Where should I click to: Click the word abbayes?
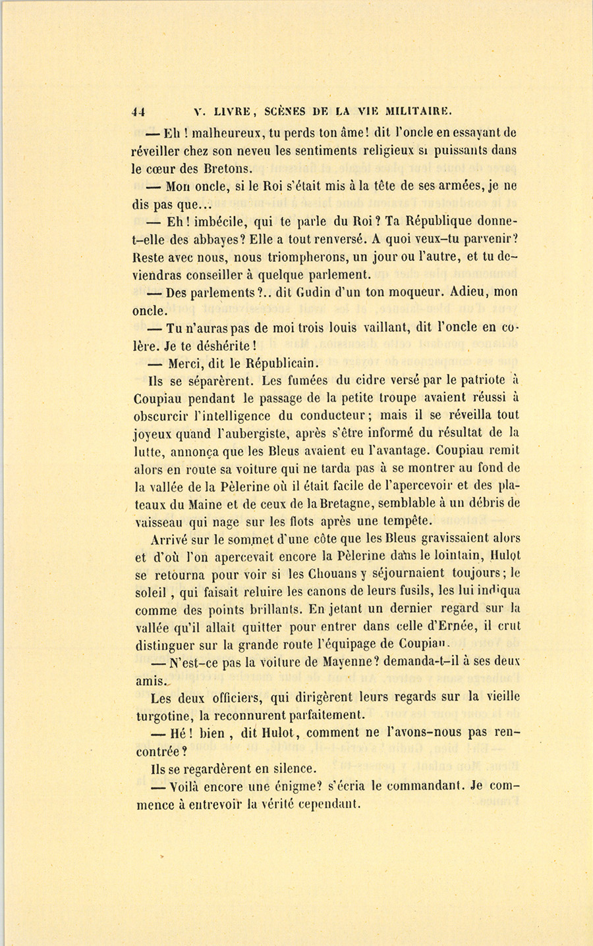215,240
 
